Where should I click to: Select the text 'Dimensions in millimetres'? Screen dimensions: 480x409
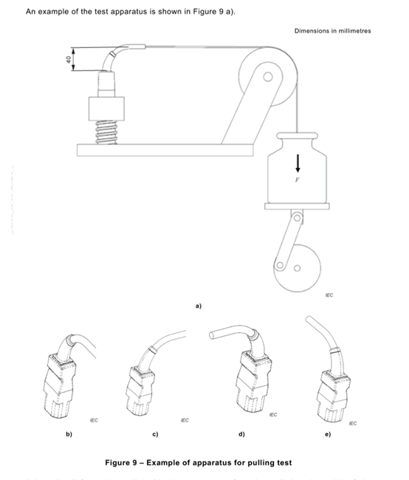pos(332,31)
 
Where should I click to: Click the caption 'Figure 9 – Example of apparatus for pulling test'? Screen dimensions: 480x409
pos(199,463)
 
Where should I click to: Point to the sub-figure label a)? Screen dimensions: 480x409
pos(198,304)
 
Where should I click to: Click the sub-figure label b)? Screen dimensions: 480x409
pos(71,433)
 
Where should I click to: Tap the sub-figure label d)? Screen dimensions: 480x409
pos(241,433)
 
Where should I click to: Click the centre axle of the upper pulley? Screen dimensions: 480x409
pos(268,75)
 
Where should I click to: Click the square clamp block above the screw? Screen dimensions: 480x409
pos(103,109)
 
